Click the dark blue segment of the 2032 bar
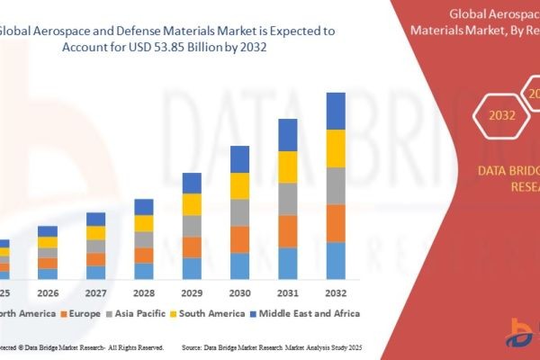point(336,111)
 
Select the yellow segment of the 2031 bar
point(287,166)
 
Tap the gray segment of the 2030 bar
point(239,212)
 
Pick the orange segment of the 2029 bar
point(192,247)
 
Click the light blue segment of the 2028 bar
point(144,270)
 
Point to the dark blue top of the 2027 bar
point(95,219)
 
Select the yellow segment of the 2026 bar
point(48,242)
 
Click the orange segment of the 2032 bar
point(336,223)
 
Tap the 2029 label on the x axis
point(192,292)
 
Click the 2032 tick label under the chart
point(336,292)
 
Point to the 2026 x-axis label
point(48,292)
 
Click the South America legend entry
point(211,313)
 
